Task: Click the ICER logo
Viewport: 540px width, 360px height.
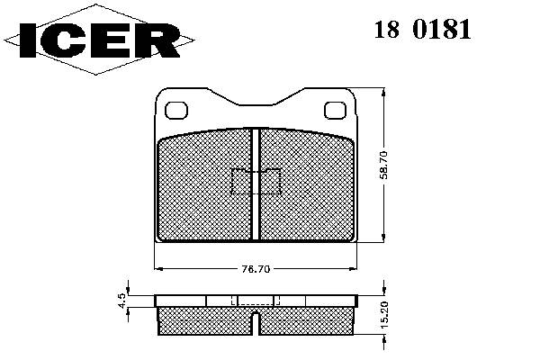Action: pyautogui.click(x=99, y=40)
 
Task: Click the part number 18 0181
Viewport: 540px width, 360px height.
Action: pyautogui.click(x=423, y=30)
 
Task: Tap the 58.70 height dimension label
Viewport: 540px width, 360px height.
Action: pyautogui.click(x=383, y=165)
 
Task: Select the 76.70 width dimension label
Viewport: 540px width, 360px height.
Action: pyautogui.click(x=256, y=269)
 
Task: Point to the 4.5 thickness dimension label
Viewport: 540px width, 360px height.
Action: pyautogui.click(x=121, y=301)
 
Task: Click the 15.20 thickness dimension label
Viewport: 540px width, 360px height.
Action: pyautogui.click(x=384, y=314)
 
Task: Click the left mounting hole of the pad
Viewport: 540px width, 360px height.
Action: pyautogui.click(x=176, y=110)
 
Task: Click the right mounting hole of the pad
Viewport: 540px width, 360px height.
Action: pyautogui.click(x=335, y=110)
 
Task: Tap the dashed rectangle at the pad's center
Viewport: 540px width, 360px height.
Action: pyautogui.click(x=256, y=181)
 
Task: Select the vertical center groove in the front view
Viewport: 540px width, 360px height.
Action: pyautogui.click(x=256, y=184)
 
